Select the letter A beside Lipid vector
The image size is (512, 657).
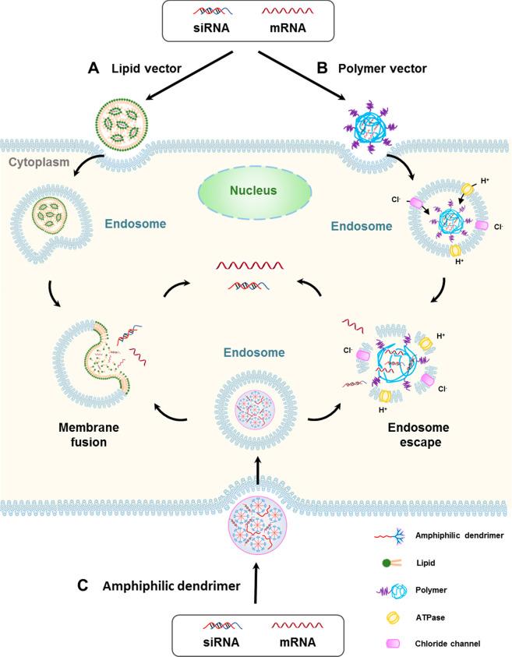click(x=94, y=68)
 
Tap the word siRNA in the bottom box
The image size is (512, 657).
click(x=206, y=641)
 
